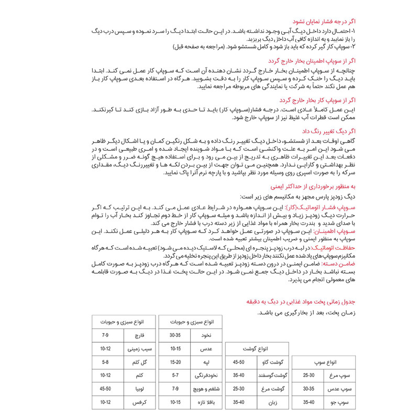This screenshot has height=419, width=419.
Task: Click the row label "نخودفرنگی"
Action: (x=199, y=376)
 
